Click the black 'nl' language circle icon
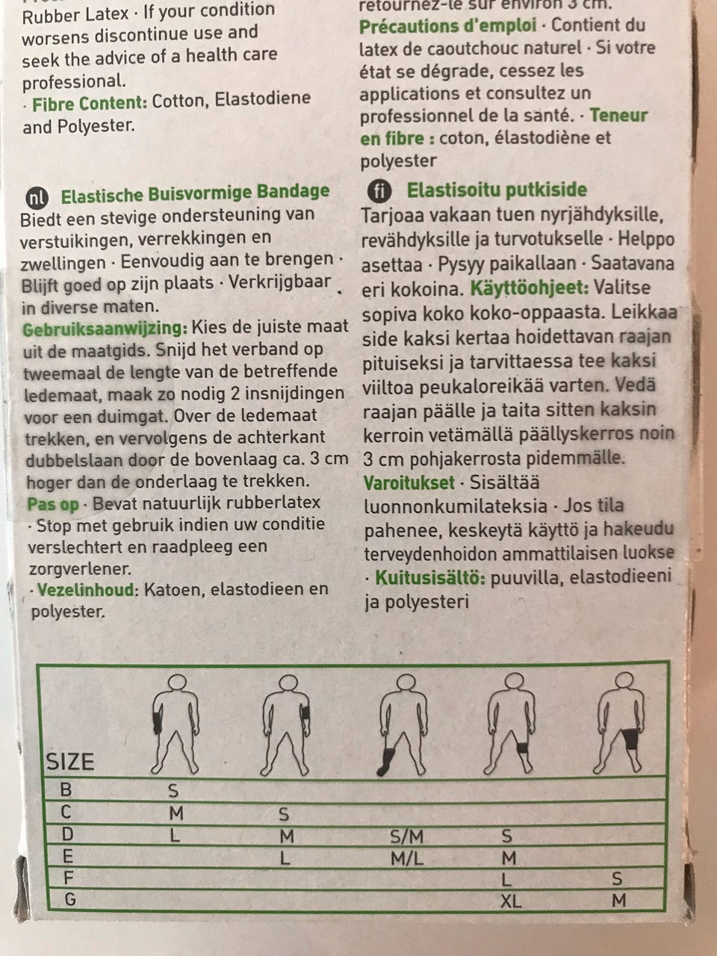[x=37, y=196]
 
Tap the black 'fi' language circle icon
[x=376, y=190]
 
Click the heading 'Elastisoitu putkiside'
[x=497, y=190]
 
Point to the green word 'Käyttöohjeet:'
[x=529, y=288]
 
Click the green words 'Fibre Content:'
[x=90, y=103]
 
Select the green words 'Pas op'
[x=53, y=504]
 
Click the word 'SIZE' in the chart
[x=70, y=762]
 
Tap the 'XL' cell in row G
[x=511, y=901]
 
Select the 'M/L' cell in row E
[x=407, y=859]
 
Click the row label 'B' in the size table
[x=66, y=789]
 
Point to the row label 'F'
[x=69, y=878]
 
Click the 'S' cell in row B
[x=173, y=791]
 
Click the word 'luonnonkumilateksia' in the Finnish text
[x=455, y=506]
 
